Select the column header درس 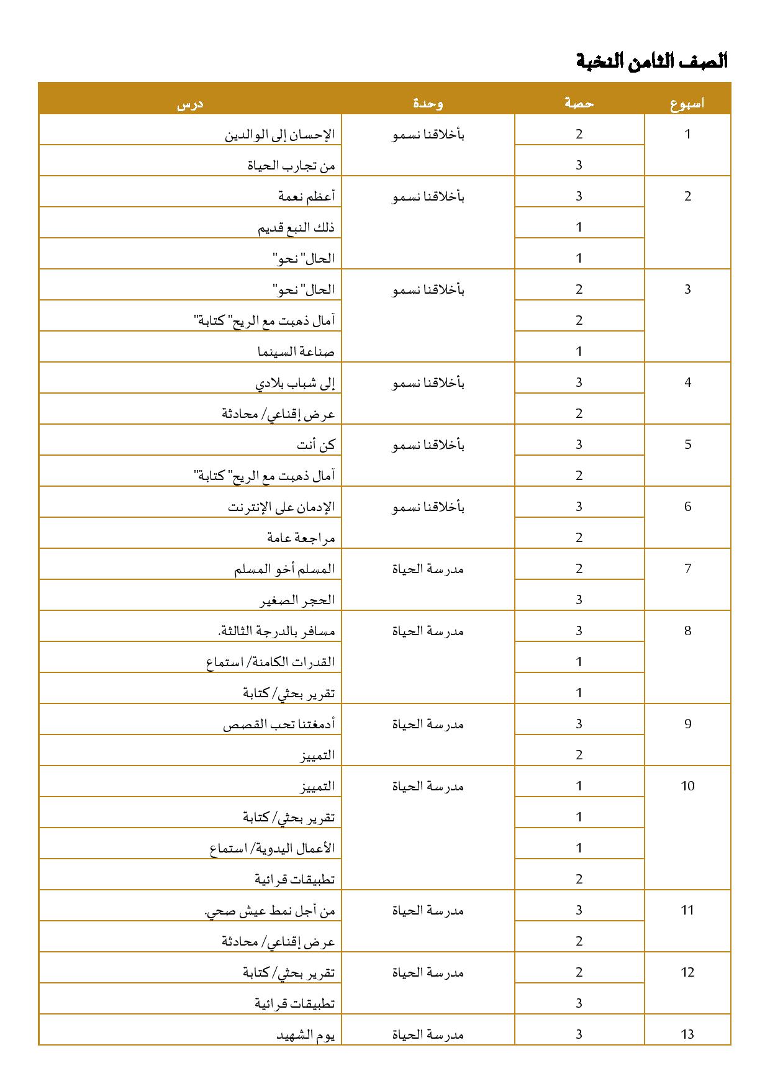190,104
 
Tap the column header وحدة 428,104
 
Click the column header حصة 579,104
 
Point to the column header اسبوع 687,104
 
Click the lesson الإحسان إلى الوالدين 279,134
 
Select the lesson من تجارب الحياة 291,165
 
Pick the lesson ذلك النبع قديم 296,227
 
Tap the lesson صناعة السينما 296,351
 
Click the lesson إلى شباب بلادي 295,382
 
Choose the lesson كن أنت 316,445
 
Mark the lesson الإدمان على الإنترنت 281,507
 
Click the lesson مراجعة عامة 301,538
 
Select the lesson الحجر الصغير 297,600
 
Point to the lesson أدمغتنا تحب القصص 279,724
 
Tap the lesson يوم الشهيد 306,1034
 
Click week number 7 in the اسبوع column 687,569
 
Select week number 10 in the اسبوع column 687,786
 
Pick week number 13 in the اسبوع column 687,1034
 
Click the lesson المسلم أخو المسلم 284,569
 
